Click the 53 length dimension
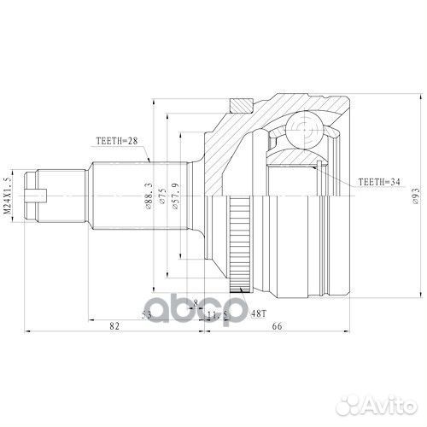pos(148,315)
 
